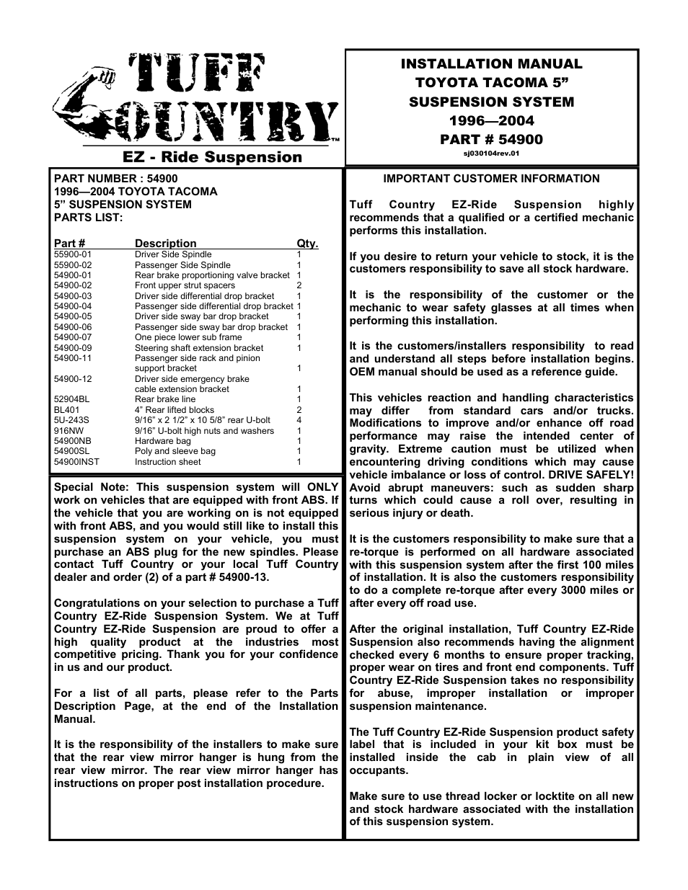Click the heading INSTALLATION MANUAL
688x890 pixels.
click(491, 64)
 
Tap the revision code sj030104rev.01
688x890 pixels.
click(491, 153)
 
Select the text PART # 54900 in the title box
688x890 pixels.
click(491, 139)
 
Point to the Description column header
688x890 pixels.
click(165, 244)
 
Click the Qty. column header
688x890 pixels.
click(307, 244)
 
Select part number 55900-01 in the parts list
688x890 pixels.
click(73, 254)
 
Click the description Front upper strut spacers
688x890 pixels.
click(185, 285)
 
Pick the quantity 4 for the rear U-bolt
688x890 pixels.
click(299, 420)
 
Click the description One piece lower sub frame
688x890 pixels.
click(188, 337)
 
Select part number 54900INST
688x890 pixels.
click(76, 462)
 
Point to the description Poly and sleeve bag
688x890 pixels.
click(175, 451)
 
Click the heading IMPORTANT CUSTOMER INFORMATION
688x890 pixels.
click(491, 179)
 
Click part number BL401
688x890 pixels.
click(67, 410)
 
